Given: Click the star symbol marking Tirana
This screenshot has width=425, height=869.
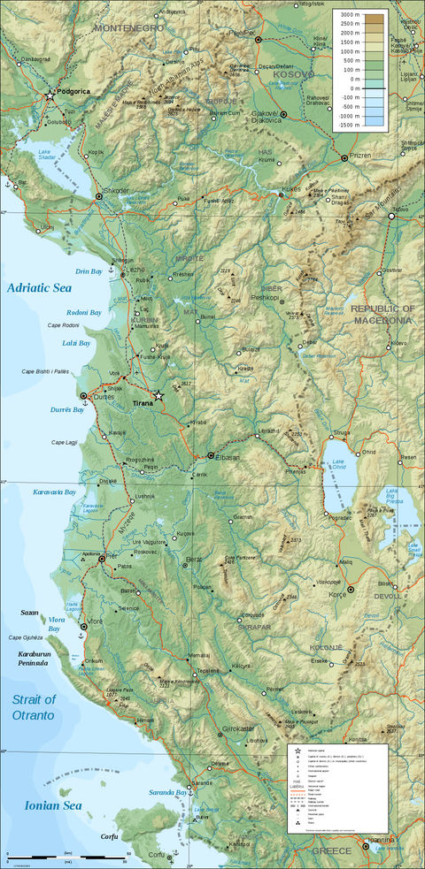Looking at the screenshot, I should pos(158,396).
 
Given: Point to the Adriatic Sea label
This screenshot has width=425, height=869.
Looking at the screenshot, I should pos(39,287).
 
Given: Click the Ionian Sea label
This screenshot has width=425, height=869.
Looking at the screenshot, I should pos(42,804).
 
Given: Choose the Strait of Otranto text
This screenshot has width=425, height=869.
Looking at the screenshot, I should pos(34,707).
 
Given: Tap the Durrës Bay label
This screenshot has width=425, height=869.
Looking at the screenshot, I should pos(66,410).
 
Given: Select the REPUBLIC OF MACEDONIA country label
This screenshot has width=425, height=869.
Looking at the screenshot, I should pos(382,314).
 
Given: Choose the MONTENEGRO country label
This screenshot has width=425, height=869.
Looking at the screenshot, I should pos(129,28).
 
